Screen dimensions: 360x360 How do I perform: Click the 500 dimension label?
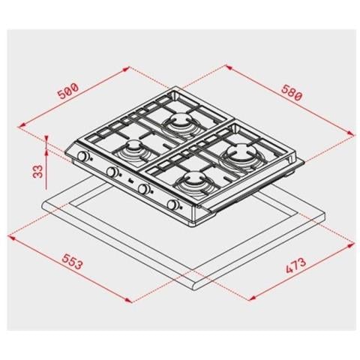(67, 92)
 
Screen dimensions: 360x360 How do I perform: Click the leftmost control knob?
(85, 157)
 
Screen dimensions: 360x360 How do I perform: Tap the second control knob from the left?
(112, 173)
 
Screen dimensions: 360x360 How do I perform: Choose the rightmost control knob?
(175, 205)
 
